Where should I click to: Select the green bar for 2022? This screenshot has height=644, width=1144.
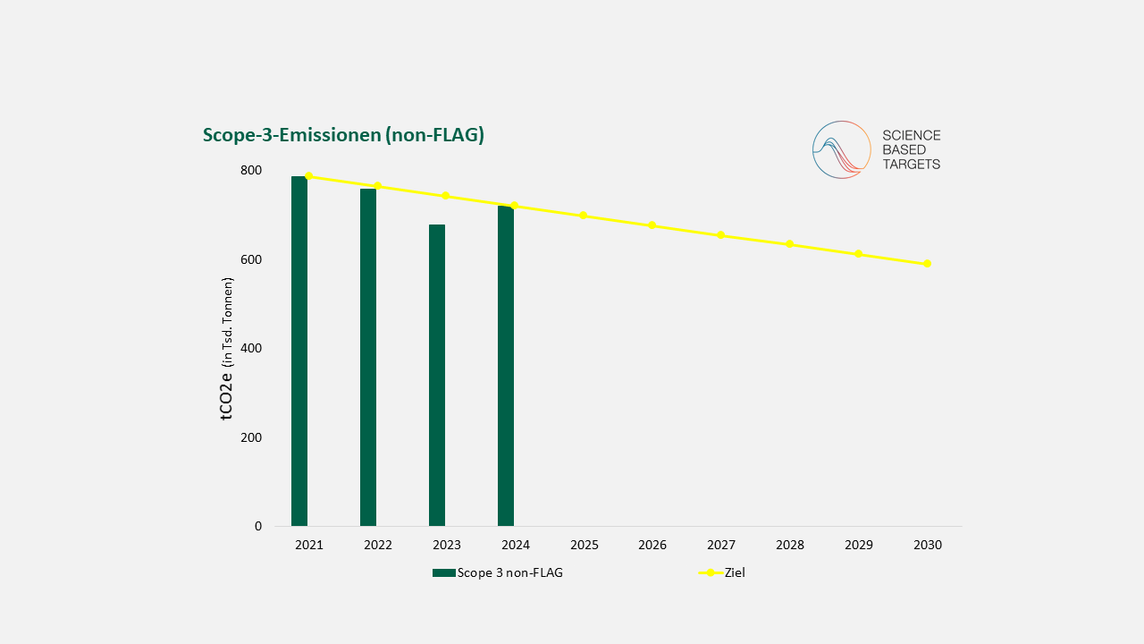(x=368, y=357)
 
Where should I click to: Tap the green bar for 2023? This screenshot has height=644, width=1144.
(x=437, y=375)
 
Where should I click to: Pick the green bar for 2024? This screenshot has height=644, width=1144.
(x=506, y=366)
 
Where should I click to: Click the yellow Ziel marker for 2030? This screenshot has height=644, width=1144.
(x=928, y=264)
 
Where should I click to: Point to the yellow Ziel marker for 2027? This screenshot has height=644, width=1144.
(x=721, y=235)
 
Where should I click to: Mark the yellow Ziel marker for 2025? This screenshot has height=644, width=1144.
(x=584, y=216)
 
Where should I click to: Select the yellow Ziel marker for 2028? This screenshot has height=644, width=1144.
(x=790, y=244)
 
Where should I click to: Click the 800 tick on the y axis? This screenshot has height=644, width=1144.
(x=251, y=170)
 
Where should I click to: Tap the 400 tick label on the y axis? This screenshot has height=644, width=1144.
(x=251, y=348)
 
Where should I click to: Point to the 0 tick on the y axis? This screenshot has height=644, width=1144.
(x=258, y=526)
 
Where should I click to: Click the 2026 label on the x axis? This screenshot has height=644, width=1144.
(x=652, y=545)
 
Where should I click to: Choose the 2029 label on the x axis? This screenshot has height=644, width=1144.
(x=859, y=545)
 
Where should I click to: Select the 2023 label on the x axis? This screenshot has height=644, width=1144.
(x=447, y=545)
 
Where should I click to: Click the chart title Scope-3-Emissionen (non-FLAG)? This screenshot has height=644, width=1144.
(x=343, y=135)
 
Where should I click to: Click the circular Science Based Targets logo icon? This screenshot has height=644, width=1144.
(x=841, y=150)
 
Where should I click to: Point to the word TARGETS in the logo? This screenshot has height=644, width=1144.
(x=912, y=165)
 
